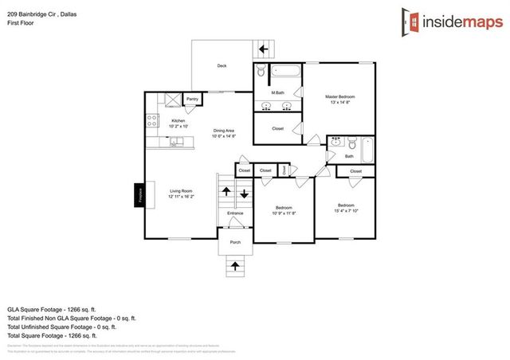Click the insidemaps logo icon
(x=409, y=22)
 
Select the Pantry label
(x=192, y=100)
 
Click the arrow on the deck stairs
(x=262, y=50)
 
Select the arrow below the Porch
(x=235, y=264)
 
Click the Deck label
(x=222, y=66)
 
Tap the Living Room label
(x=181, y=191)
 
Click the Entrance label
(x=235, y=213)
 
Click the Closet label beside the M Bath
(x=277, y=128)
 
